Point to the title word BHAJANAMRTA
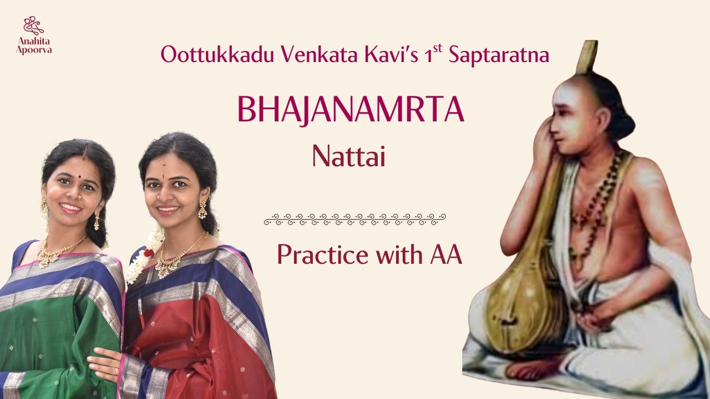point(351,110)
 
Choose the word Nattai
point(349,157)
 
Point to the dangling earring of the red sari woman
point(202,209)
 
